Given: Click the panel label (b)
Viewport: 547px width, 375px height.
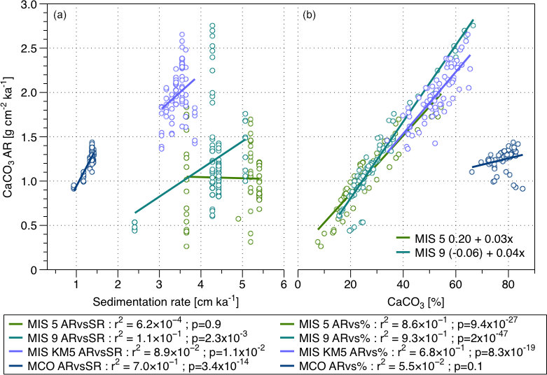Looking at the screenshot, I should pyautogui.click(x=308, y=14).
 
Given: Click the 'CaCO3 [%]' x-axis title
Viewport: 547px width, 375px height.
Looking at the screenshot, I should pyautogui.click(x=417, y=302).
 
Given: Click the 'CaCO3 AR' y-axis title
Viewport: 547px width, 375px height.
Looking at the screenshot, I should pyautogui.click(x=15, y=136).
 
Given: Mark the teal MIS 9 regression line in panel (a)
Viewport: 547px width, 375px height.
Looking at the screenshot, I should pyautogui.click(x=189, y=175).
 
